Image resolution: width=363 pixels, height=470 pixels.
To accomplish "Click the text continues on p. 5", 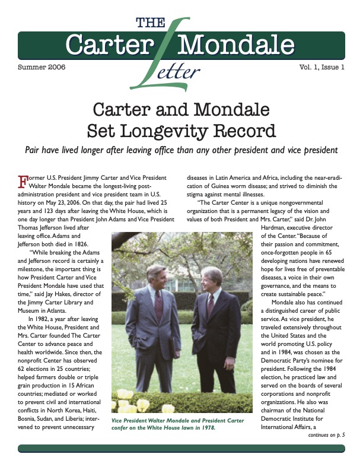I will click(326, 435).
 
